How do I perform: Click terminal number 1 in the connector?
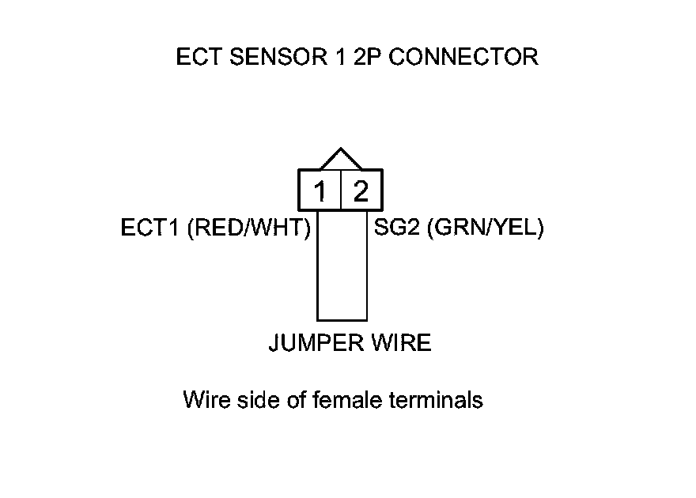tap(320, 191)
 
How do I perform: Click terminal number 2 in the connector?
tap(361, 191)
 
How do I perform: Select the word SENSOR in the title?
tap(270, 58)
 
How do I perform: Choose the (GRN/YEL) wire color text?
tap(485, 228)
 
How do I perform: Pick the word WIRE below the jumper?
tap(403, 343)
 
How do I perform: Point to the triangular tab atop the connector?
tap(340, 158)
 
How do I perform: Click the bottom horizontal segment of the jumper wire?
tap(342, 320)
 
